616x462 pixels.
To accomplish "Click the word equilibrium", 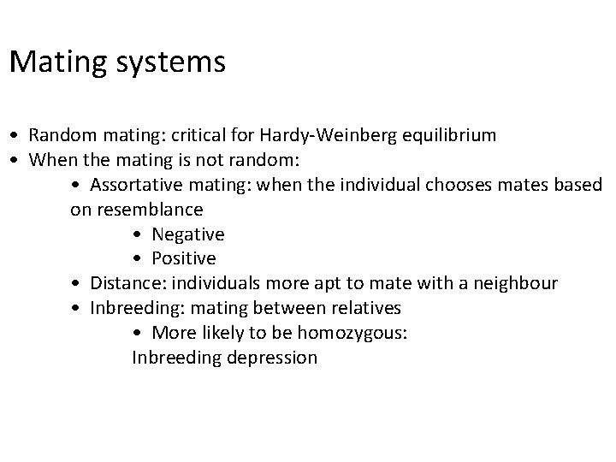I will (447, 135).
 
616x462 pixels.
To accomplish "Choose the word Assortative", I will (133, 185).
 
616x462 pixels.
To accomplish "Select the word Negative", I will (188, 234).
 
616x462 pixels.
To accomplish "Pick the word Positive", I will (184, 258).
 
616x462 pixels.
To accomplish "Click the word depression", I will (272, 358).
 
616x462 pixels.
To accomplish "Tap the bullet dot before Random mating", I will (15, 136).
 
